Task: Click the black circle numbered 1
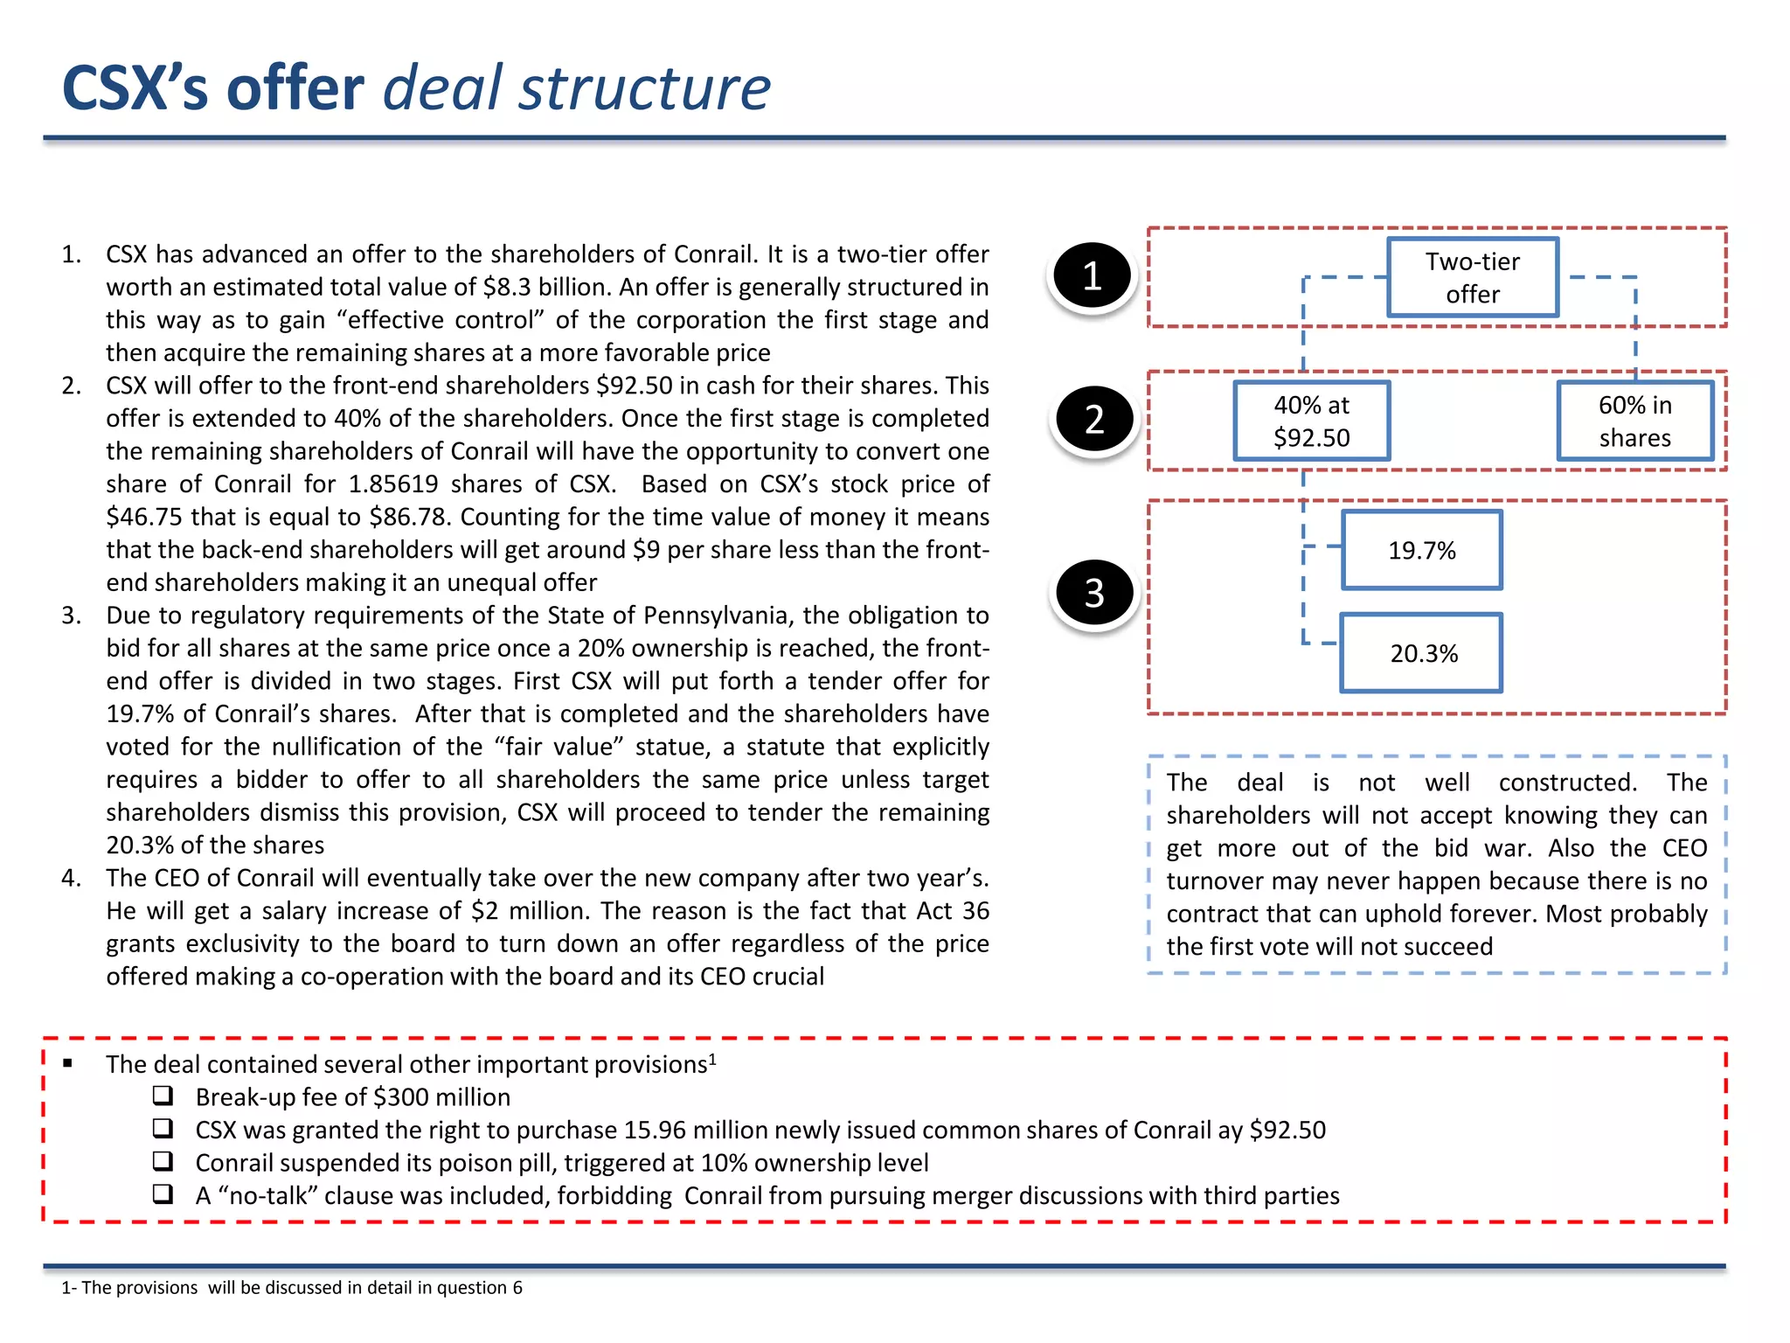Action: [1092, 275]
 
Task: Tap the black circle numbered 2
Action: [1094, 420]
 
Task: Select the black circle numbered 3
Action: [1094, 593]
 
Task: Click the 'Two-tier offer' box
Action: [1473, 277]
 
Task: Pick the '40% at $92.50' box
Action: [1311, 421]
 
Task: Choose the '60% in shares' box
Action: [1634, 421]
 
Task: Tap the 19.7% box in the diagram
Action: [1422, 550]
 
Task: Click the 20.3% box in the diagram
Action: [1422, 653]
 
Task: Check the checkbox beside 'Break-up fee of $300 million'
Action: [163, 1096]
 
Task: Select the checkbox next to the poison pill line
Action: [163, 1161]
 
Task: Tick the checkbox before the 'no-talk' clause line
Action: [163, 1194]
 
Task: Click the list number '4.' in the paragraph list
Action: [72, 878]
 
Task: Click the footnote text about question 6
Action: [292, 1287]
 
